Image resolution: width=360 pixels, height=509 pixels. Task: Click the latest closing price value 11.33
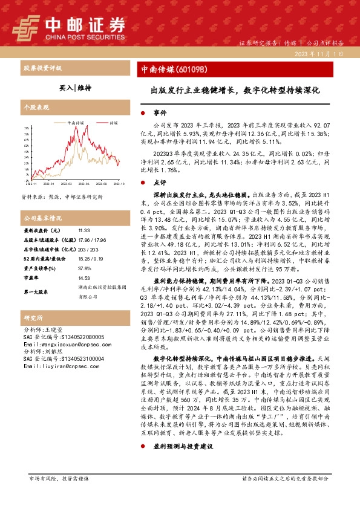(x=84, y=231)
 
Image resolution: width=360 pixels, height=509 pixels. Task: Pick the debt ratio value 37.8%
(x=85, y=269)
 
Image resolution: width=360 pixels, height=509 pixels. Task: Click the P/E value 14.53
(x=84, y=279)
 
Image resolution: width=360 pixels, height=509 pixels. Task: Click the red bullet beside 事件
(x=142, y=113)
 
